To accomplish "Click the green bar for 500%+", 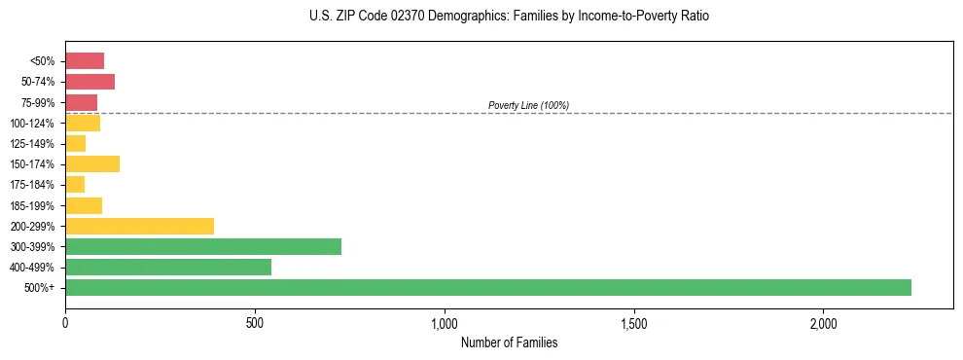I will point(487,287).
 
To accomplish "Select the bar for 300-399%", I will point(203,246).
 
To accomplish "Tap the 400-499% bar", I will point(168,267).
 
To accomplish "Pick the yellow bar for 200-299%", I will point(139,226).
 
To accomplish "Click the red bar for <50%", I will point(85,61).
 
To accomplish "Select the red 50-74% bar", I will point(89,82).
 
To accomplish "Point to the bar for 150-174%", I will point(92,164).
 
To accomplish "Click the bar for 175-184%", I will point(75,185).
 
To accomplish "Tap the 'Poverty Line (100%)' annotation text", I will point(528,105).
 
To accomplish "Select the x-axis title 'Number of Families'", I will point(509,342).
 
